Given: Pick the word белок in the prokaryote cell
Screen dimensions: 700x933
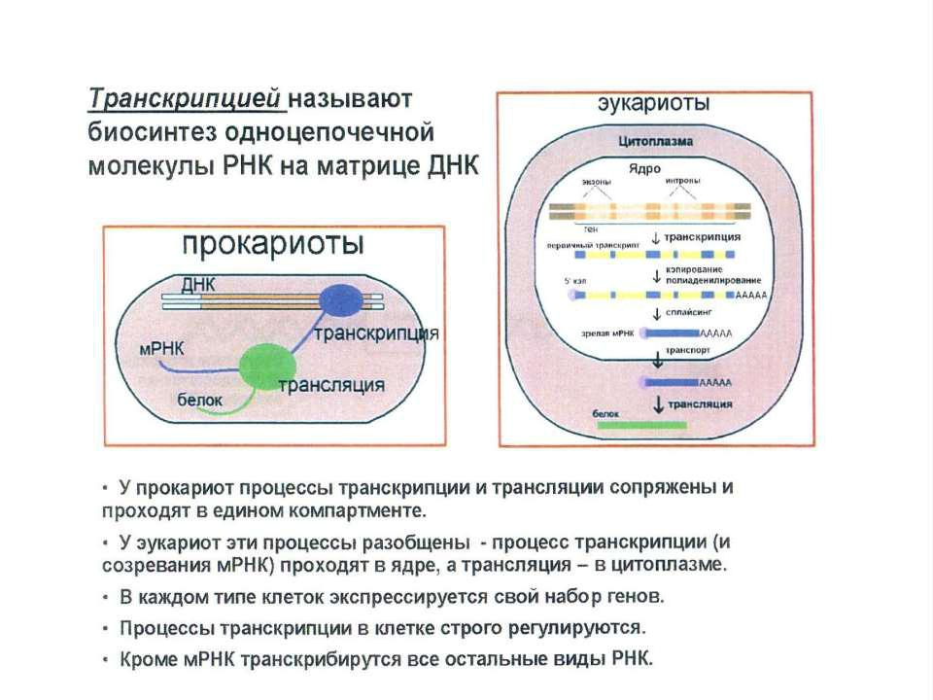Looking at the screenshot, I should tap(199, 400).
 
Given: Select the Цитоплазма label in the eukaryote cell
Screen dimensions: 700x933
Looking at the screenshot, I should tap(656, 141).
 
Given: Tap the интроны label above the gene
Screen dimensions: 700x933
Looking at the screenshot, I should tap(682, 182).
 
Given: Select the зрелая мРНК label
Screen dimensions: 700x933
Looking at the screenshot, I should tap(607, 333).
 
